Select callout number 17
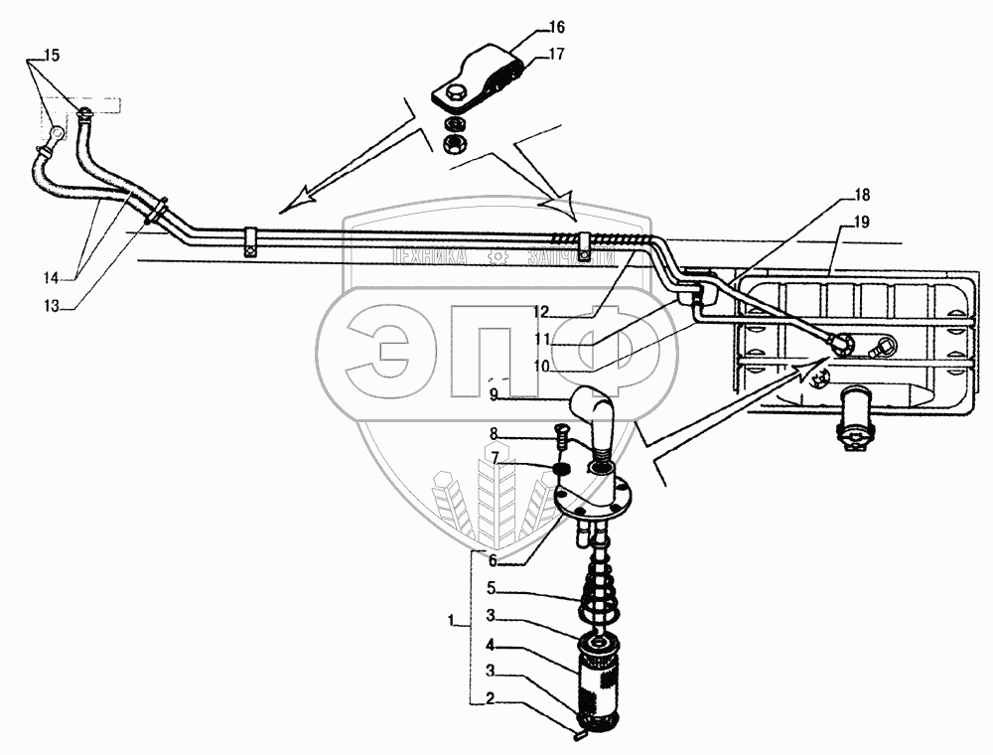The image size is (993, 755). tap(555, 55)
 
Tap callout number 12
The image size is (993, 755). tap(540, 311)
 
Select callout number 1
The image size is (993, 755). tap(453, 623)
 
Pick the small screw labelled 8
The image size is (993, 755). tap(560, 434)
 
